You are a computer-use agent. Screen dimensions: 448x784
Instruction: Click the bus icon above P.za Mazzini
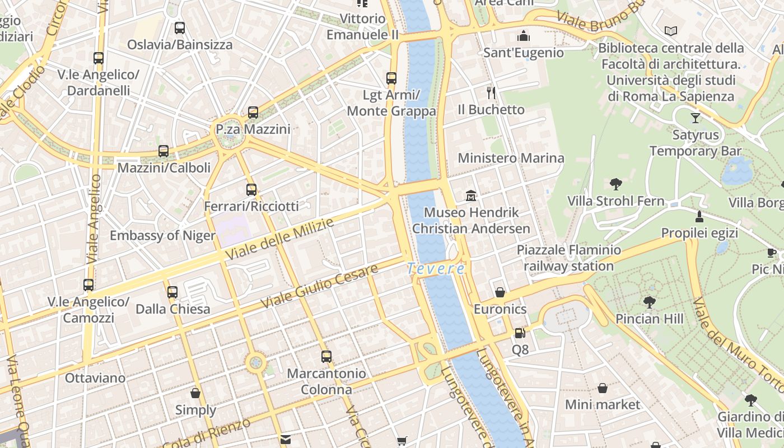coord(253,113)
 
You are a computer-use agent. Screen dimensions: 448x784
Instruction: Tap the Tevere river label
coord(436,269)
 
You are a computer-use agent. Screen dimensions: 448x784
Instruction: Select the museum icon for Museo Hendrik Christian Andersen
coord(471,196)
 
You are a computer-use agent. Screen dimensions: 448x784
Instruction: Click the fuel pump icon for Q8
coord(520,333)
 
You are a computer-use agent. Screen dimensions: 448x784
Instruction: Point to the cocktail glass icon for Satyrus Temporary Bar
coord(696,118)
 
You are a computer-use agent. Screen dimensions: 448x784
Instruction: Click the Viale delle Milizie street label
coord(279,239)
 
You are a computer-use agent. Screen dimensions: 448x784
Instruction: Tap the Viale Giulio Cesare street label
coord(319,286)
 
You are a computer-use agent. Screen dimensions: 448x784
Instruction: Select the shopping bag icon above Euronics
coord(500,292)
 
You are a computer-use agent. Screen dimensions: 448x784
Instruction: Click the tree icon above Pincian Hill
coord(650,302)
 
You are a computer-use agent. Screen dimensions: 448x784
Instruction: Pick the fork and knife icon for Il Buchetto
coord(491,92)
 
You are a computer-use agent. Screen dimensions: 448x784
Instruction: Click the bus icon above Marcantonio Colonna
coord(326,356)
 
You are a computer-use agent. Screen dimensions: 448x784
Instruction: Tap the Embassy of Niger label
coord(162,235)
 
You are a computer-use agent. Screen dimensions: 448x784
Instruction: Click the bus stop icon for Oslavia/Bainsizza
coord(180,28)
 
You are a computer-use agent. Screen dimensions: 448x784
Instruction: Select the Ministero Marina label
coord(511,158)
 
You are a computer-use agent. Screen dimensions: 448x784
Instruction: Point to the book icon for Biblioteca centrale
coord(671,31)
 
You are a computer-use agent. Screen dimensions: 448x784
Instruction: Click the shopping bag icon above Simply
coord(195,393)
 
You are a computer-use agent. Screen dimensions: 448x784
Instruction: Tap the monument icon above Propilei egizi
coord(699,216)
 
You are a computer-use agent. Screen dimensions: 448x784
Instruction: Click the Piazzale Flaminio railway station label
coord(568,258)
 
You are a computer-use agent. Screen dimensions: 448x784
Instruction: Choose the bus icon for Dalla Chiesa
coord(172,292)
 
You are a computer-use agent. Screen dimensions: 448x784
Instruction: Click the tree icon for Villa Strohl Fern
coord(616,184)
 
